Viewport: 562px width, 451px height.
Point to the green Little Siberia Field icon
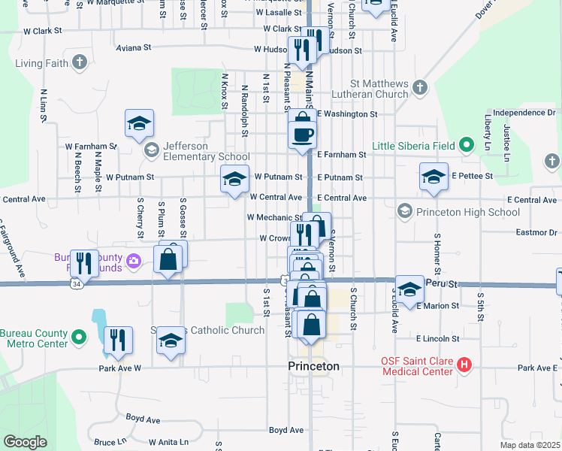466,144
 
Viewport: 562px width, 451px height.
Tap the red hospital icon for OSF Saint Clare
464,365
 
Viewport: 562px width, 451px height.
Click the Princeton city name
314,366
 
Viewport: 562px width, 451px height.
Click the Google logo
25,442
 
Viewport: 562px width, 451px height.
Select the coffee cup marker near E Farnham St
303,135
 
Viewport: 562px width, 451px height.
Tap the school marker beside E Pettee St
433,177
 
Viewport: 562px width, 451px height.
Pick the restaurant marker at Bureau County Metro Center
118,339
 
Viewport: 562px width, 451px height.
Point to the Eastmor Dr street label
536,233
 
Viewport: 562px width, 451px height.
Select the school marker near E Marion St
409,289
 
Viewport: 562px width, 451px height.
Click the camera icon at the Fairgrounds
134,261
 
